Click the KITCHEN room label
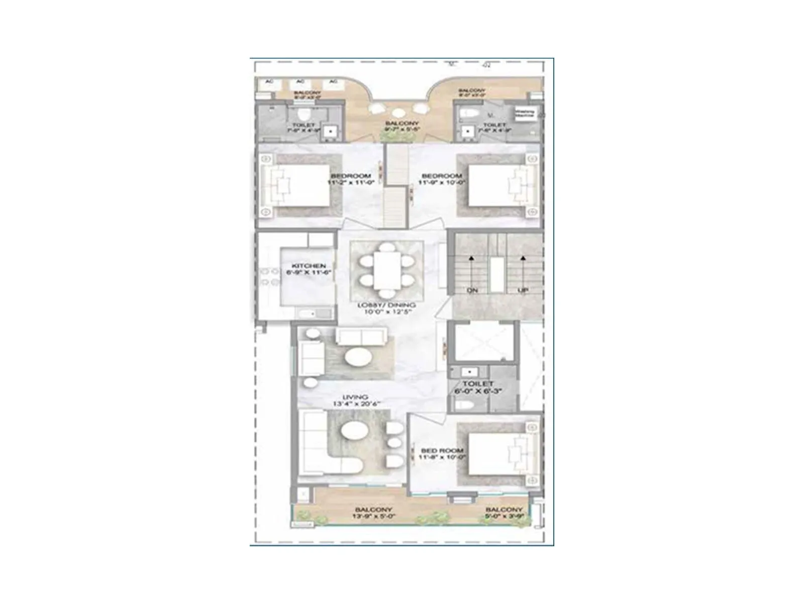(309, 266)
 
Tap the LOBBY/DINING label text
(386, 305)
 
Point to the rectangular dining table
(386, 270)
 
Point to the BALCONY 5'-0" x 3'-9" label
(504, 513)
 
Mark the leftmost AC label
(269, 81)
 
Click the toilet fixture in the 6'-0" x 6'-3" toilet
(462, 404)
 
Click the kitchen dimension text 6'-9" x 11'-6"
(309, 272)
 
